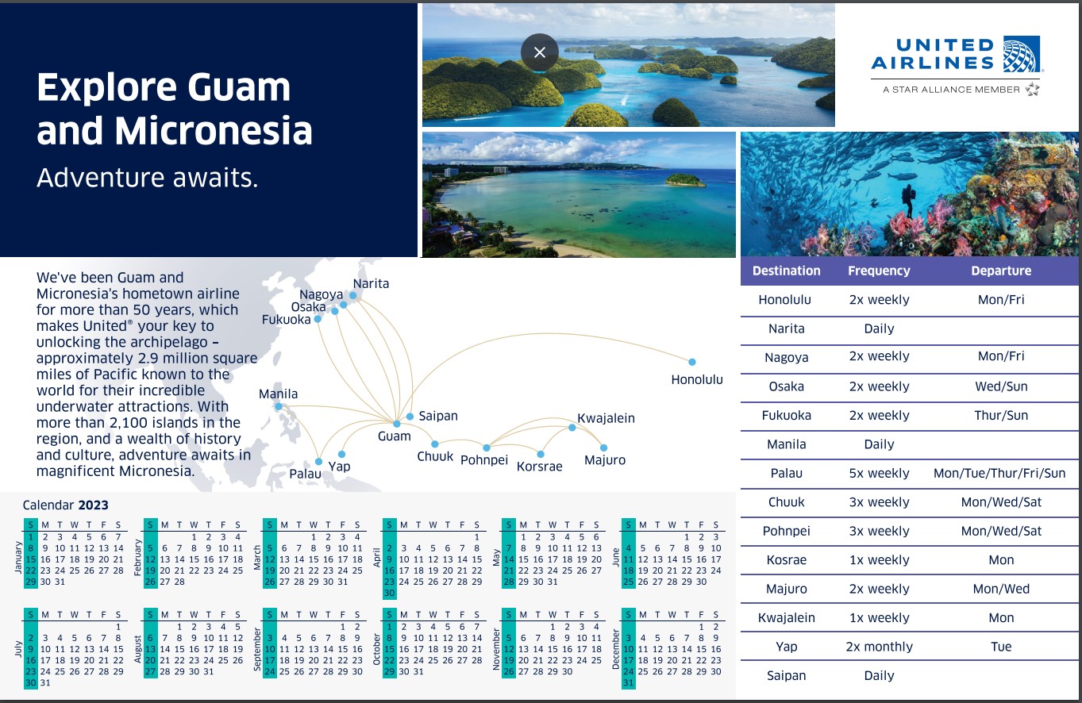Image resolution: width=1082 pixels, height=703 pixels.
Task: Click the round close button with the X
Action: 540,52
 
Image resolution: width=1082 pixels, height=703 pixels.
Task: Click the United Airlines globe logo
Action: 1022,54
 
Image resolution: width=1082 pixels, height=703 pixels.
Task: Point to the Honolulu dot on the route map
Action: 692,362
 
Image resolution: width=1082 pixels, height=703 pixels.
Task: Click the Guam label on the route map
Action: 395,436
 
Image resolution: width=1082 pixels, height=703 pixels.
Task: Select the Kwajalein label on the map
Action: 606,418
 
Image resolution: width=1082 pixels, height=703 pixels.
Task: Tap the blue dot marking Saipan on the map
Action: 410,417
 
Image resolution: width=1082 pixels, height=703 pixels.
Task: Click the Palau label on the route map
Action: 305,474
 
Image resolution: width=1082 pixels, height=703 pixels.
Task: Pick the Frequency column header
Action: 879,271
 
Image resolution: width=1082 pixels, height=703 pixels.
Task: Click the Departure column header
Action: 1001,271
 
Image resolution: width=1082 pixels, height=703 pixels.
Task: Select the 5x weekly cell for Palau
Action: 879,473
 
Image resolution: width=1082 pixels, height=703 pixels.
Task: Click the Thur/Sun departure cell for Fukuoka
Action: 1001,415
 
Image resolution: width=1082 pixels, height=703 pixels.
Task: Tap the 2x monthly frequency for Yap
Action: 879,647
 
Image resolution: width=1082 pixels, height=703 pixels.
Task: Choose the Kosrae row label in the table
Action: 786,560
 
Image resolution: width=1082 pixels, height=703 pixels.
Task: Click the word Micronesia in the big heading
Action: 214,130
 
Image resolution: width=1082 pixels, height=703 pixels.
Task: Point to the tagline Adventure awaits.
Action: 148,178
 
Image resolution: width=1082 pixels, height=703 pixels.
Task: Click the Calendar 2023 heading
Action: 65,505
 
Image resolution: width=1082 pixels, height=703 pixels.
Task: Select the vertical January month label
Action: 18,557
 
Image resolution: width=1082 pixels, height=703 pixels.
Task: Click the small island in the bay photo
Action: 685,180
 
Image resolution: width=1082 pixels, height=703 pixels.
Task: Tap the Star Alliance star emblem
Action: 1032,89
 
